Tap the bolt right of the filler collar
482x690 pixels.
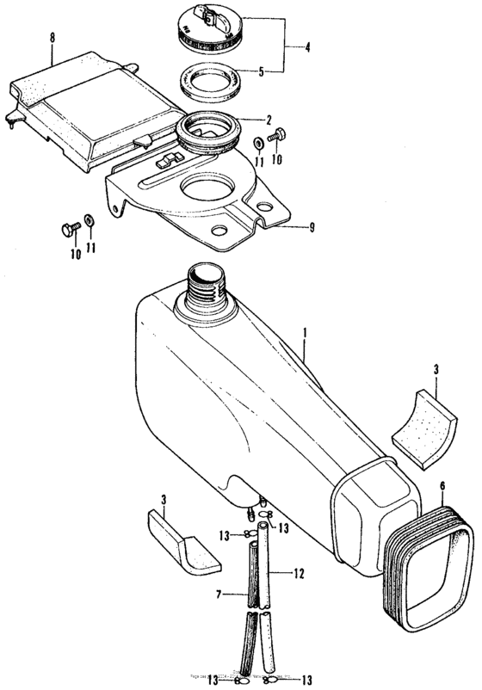tap(278, 135)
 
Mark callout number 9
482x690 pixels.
tap(312, 227)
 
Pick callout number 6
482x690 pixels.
tap(442, 486)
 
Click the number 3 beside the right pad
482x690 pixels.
tap(436, 369)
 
